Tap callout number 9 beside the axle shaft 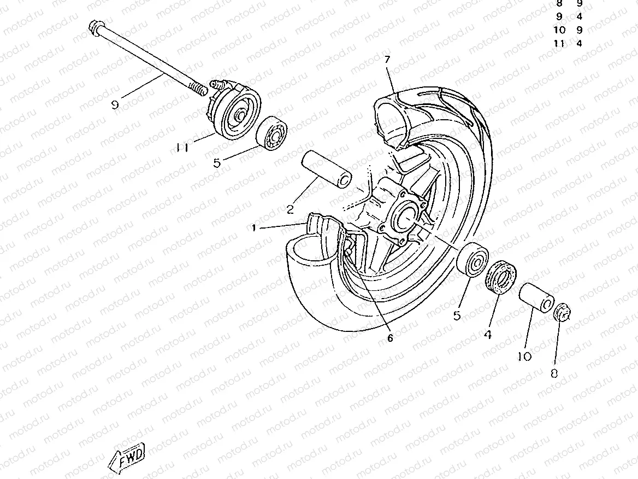[115, 104]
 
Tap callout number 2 [290, 208]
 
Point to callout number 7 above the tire [387, 59]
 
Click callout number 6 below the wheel [390, 337]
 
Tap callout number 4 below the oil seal [487, 334]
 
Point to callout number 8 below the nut [554, 373]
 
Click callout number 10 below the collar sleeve [524, 356]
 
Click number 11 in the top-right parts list [559, 43]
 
